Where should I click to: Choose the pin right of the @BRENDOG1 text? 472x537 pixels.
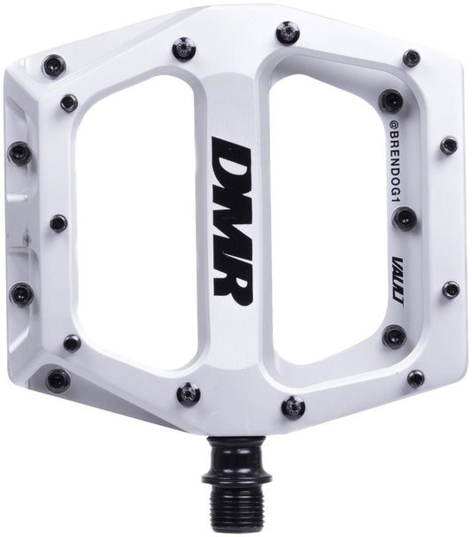click(449, 143)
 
